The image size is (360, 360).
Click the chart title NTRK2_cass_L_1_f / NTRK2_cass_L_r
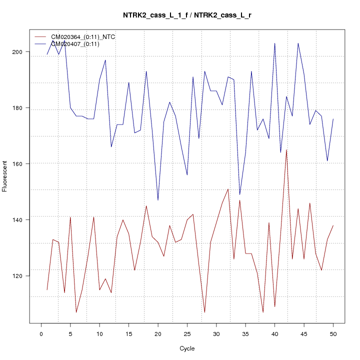coord(187,15)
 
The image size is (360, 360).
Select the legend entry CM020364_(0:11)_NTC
coord(79,36)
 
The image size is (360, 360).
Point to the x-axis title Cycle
coord(187,348)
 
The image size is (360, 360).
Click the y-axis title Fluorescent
coord(5,176)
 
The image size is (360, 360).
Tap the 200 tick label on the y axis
coord(23,52)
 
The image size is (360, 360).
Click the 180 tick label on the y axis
coord(23,108)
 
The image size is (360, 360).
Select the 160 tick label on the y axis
coord(23,164)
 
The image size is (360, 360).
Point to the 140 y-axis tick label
coord(23,220)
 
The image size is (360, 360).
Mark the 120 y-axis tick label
coord(23,276)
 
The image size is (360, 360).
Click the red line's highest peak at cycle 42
coord(286,149)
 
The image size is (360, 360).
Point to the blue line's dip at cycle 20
coord(158,200)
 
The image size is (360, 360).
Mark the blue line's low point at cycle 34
coord(239,194)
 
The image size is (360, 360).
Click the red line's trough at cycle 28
coord(204,312)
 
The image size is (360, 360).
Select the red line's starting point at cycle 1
coord(47,289)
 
